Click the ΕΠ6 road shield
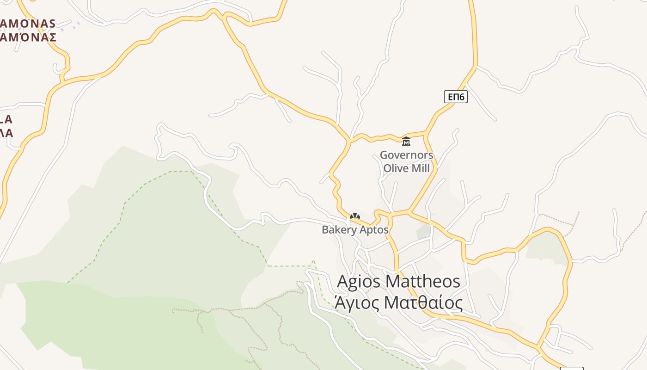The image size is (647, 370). tap(456, 97)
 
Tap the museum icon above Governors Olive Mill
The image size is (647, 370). tap(406, 141)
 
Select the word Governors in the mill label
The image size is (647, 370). tap(406, 155)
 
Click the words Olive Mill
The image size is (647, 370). tap(406, 168)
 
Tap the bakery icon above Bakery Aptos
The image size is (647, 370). tap(354, 216)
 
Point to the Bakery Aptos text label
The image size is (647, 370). tap(355, 229)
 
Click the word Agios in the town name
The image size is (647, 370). tap(359, 282)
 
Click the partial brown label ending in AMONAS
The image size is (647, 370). tap(28, 23)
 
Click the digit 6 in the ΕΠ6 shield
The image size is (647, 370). tap(462, 97)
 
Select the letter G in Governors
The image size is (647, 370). tap(384, 155)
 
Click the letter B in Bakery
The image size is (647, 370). tap(325, 229)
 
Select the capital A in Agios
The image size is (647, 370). tap(343, 281)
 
